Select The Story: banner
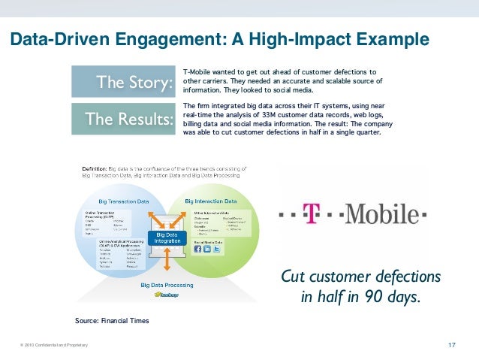122,81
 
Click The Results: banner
122,118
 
